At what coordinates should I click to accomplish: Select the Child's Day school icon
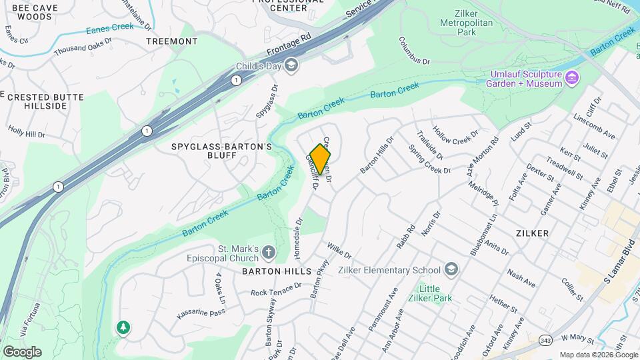(291, 65)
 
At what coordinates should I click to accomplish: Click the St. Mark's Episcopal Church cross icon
(268, 252)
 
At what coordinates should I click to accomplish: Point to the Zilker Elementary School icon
(451, 270)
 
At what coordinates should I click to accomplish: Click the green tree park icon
(123, 327)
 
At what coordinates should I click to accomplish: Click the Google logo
(22, 352)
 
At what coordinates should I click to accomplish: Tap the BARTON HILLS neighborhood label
(277, 272)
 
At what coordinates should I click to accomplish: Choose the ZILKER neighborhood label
(532, 233)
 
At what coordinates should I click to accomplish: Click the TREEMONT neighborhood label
(172, 41)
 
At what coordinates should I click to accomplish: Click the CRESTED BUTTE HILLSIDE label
(45, 101)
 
